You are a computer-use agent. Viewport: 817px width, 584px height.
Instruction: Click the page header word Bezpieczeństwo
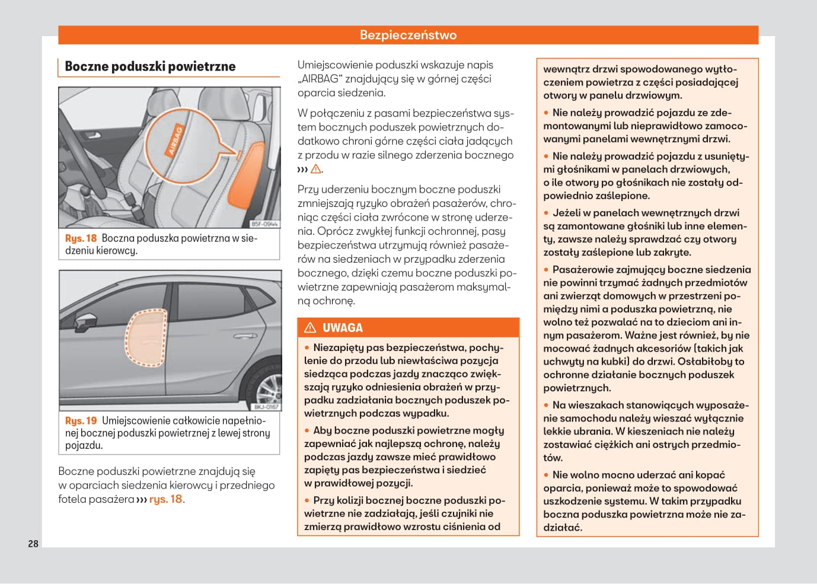tap(408, 35)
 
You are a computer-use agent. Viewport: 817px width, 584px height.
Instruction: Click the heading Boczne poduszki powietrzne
tap(150, 66)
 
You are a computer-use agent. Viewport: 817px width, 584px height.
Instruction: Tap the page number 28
tap(33, 544)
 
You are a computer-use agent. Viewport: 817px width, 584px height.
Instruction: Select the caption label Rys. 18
tap(81, 238)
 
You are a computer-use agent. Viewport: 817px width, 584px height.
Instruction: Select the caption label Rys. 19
tap(81, 421)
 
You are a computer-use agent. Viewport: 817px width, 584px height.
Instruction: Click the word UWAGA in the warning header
tap(342, 328)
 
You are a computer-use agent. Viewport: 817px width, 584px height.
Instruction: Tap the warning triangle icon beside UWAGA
tap(310, 328)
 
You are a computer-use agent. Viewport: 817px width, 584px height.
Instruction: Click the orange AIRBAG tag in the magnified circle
tap(175, 141)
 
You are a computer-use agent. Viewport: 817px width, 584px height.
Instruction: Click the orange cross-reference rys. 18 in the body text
tap(166, 499)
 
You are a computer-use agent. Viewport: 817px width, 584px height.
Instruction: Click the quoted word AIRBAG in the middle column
tap(320, 79)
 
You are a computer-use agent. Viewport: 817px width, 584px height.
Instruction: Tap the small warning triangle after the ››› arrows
tap(316, 169)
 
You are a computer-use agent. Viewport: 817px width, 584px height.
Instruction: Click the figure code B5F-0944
tap(264, 224)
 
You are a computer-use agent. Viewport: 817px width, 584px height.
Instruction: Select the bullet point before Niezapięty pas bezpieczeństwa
tap(307, 348)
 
